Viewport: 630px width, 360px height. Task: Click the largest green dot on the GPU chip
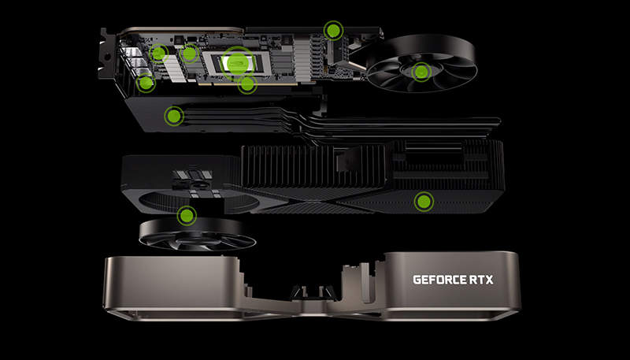[238, 63]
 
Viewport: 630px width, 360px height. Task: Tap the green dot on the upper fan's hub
[421, 72]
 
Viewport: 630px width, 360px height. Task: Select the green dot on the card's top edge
[333, 30]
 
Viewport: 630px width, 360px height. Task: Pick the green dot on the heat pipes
[174, 116]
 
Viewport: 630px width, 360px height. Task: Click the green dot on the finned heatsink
[424, 202]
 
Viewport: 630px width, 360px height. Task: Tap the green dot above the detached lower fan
[187, 216]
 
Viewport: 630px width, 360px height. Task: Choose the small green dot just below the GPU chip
[247, 84]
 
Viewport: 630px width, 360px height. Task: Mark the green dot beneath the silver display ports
[146, 83]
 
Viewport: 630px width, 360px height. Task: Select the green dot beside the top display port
[159, 53]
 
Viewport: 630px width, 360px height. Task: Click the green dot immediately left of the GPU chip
[189, 54]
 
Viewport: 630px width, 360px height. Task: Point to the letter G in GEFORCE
[417, 280]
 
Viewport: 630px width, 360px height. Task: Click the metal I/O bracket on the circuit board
[106, 54]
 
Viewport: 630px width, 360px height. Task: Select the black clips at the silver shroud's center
[313, 291]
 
